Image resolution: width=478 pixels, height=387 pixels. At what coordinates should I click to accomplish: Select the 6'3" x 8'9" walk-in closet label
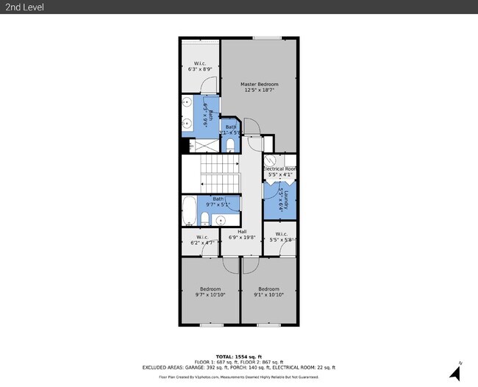[199, 66]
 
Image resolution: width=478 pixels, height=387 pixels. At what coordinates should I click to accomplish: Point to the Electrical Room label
[279, 172]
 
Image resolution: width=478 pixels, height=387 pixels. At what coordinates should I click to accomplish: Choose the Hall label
[242, 235]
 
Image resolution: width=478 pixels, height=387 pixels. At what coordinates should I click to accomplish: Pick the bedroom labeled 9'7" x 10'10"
[210, 292]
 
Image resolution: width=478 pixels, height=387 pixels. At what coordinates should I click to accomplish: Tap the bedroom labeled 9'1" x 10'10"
[268, 292]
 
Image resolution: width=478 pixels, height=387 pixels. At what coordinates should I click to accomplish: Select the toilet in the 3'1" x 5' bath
[230, 144]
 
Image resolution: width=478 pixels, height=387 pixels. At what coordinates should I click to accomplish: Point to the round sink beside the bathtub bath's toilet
[220, 219]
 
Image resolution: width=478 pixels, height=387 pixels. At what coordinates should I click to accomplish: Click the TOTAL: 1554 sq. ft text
[238, 356]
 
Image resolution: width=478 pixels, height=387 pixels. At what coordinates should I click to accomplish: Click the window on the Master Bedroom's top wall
[262, 38]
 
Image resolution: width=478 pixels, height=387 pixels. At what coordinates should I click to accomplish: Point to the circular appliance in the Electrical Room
[271, 160]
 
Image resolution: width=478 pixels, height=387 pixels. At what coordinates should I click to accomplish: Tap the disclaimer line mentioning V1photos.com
[238, 377]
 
